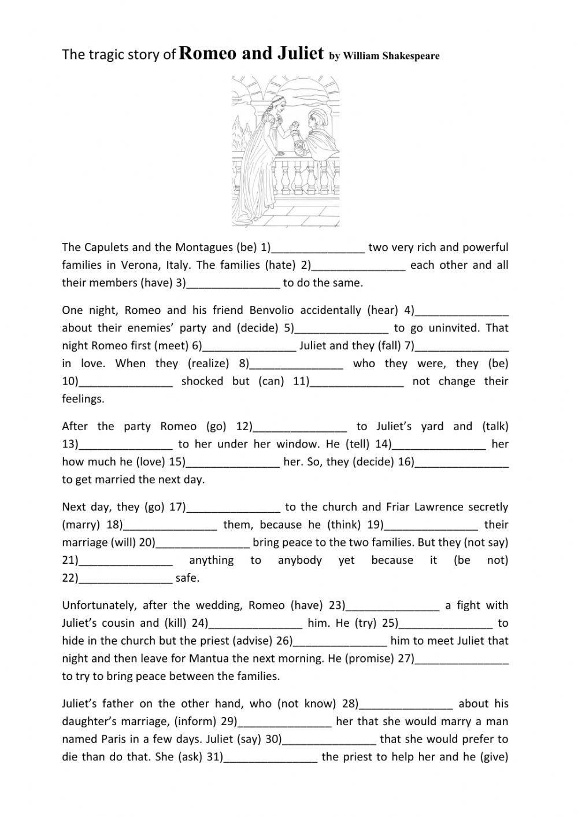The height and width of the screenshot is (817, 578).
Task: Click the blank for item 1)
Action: [318, 248]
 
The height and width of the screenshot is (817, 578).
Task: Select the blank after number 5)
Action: [342, 328]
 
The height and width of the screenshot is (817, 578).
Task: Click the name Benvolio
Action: [272, 310]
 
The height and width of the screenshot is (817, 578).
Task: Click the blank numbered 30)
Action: [329, 740]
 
